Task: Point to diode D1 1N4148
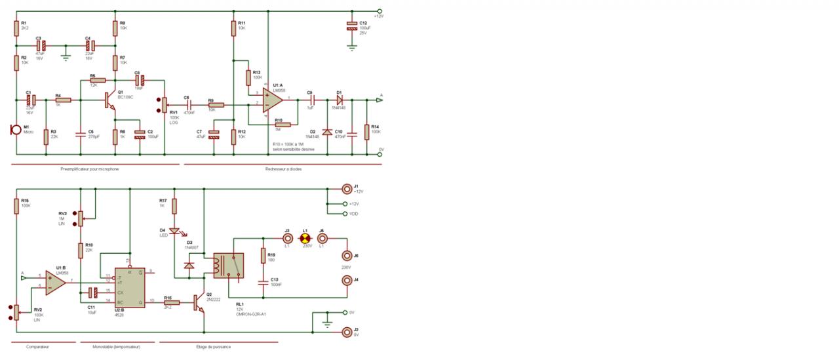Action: (x=340, y=100)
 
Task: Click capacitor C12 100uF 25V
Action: (x=352, y=27)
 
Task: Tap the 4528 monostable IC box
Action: (x=130, y=287)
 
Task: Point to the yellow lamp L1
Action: (x=304, y=239)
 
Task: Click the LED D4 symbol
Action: (x=174, y=231)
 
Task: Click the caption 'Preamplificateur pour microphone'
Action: (x=89, y=169)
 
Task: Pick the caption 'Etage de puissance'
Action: (x=214, y=347)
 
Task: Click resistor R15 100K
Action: (x=16, y=205)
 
